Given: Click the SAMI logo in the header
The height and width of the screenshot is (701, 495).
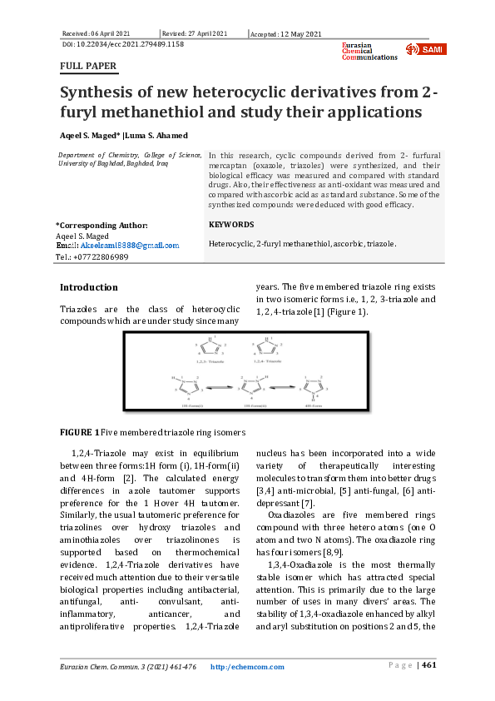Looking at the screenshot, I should click(x=425, y=49).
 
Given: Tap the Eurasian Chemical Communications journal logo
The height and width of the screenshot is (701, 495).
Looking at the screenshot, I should click(x=369, y=51).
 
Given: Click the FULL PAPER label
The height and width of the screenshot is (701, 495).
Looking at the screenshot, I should click(x=88, y=66).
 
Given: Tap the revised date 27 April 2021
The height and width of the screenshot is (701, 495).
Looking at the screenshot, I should click(x=196, y=33).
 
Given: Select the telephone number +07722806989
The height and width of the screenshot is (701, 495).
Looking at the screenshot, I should click(x=97, y=257).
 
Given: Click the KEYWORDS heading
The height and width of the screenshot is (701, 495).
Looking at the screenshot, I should click(x=231, y=225).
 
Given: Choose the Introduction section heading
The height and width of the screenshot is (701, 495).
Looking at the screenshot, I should click(x=89, y=287).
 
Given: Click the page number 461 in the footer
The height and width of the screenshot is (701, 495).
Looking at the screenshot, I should click(x=428, y=665).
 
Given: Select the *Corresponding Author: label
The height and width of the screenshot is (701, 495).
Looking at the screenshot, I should click(x=101, y=225).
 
